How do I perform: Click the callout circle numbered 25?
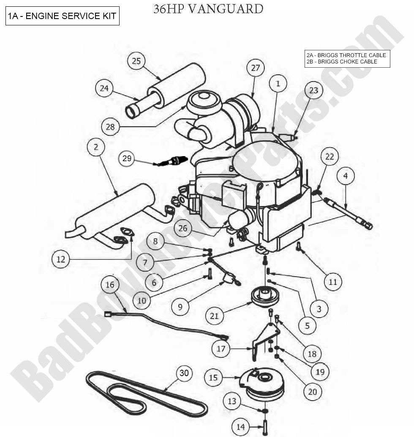coord(136,61)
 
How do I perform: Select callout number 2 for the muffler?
coord(96,147)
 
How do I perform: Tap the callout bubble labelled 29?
coord(127,159)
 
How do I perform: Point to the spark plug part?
coord(172,161)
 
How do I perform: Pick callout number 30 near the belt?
coord(184,373)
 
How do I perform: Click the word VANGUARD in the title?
coord(226,8)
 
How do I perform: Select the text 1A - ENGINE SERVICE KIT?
coord(62,16)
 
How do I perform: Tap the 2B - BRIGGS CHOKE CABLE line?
coord(342,62)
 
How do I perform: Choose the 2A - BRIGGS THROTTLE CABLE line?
coord(346,55)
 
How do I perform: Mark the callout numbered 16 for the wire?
coord(110,285)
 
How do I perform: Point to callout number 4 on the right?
coord(346,176)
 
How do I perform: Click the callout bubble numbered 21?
coord(215,315)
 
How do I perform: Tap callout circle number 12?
coord(61,259)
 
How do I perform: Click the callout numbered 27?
coord(256,68)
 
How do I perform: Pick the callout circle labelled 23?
coord(313,90)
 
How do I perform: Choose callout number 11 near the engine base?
coord(333,281)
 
